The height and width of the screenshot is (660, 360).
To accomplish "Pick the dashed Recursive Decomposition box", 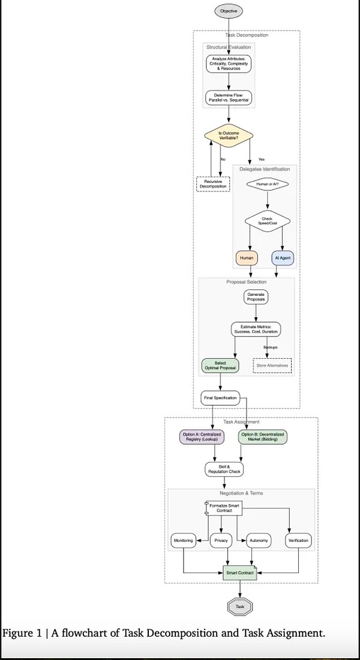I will (213, 184).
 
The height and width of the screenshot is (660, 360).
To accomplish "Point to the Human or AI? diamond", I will (268, 184).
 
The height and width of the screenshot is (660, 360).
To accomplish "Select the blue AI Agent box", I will (283, 259).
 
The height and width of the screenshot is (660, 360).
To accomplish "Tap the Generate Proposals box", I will (257, 296).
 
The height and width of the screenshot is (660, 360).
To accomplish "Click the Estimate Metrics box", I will (257, 329).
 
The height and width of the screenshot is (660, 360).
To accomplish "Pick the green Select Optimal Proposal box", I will (220, 365).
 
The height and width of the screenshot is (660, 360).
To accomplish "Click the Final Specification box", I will (220, 397).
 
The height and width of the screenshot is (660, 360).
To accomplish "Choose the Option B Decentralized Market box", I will (263, 437).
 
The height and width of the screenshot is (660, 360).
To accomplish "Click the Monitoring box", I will (183, 541).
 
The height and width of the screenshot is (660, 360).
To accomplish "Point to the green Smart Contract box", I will (240, 573).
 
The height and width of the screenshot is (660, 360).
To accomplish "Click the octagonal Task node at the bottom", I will (240, 607).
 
